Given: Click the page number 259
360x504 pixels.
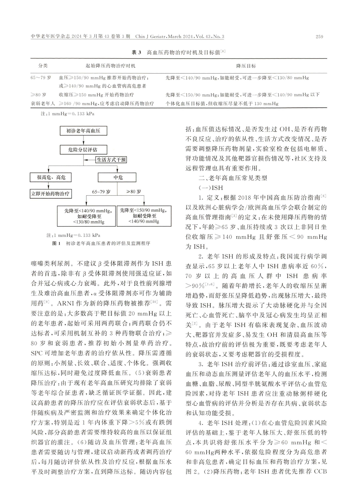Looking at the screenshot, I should click(x=319, y=37).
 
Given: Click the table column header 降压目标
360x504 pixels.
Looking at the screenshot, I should click(x=246, y=66).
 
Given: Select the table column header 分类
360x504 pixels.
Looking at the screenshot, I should click(x=43, y=66).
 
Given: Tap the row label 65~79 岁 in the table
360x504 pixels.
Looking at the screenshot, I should click(x=41, y=78).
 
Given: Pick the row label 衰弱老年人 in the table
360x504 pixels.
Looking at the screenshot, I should click(x=43, y=104).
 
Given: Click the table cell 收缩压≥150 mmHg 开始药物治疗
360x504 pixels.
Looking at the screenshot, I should click(x=96, y=95).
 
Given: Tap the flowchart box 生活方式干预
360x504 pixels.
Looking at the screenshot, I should click(x=111, y=160).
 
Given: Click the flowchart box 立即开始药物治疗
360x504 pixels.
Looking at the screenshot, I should click(x=50, y=193).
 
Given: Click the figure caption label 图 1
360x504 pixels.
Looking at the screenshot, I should click(x=55, y=244).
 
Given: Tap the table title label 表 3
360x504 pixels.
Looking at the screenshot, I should click(x=135, y=52).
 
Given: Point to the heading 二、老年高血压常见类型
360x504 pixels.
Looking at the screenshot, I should click(x=233, y=178).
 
